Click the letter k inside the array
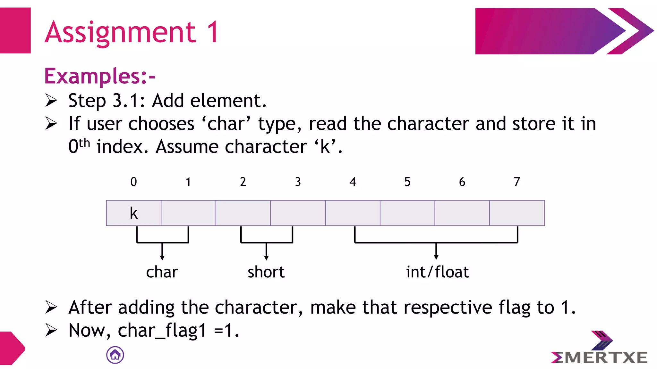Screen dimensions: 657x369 133,213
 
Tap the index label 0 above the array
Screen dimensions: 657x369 133,182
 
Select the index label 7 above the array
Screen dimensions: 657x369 517,182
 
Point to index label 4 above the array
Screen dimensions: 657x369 353,182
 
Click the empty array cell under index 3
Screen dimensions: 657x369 298,213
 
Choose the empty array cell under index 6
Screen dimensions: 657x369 462,213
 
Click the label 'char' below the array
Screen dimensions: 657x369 162,272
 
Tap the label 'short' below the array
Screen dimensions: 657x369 266,272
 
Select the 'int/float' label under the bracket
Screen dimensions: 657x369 437,272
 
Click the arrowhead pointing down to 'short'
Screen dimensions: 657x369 266,258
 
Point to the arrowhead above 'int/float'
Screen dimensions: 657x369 436,257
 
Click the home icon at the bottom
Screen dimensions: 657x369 115,355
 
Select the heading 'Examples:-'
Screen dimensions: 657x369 100,76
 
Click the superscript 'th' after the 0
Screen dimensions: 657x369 84,143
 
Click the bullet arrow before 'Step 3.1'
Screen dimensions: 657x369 51,100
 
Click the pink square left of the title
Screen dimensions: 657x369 15,30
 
